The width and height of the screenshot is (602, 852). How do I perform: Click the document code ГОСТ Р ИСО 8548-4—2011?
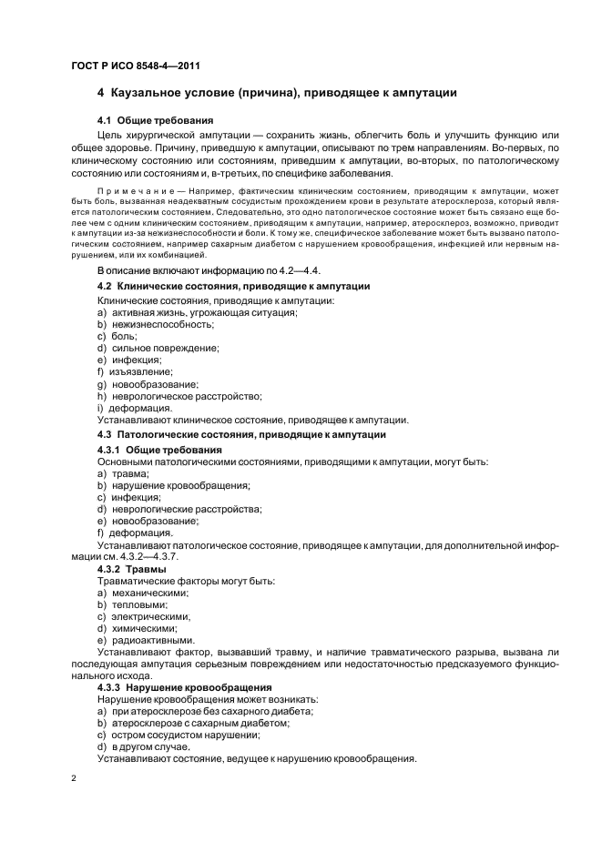point(135,64)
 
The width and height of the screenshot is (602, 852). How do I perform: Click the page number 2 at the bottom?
point(73,778)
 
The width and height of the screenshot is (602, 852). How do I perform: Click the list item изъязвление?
point(141,372)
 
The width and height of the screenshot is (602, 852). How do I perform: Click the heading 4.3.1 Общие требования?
point(159,450)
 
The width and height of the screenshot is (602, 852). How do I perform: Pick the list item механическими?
point(150,593)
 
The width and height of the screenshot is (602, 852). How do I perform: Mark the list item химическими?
point(145,628)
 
